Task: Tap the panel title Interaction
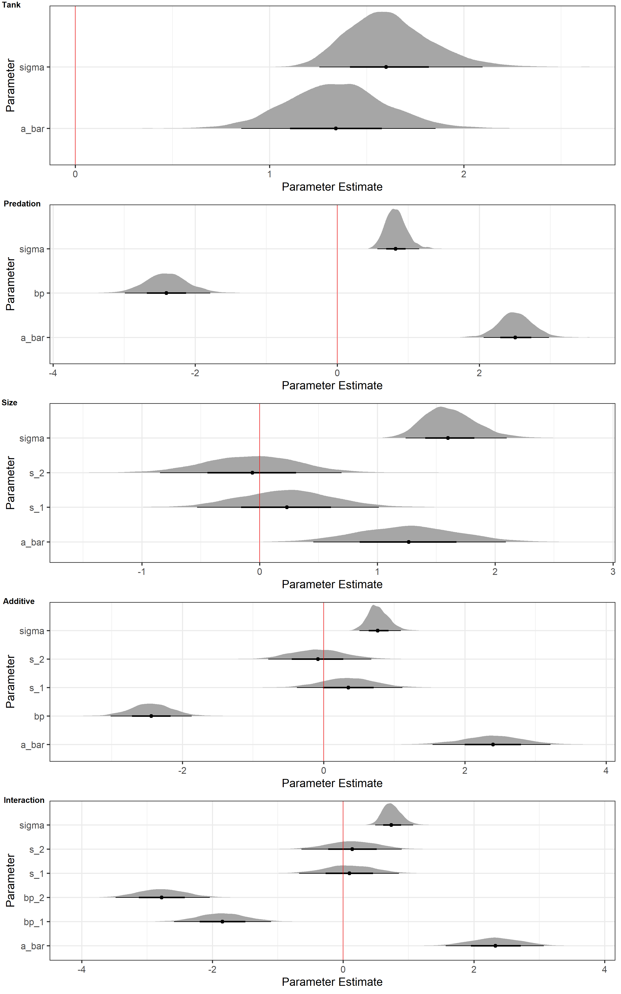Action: point(24,800)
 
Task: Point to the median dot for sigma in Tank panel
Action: point(386,66)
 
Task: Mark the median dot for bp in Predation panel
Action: point(166,293)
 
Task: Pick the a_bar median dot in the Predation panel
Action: point(515,337)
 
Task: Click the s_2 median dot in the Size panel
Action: point(252,473)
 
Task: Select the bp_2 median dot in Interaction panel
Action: point(162,898)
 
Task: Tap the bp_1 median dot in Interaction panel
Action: point(222,922)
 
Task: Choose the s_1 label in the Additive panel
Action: point(37,688)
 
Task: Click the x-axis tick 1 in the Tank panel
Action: point(270,174)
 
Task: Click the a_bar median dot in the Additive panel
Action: point(493,744)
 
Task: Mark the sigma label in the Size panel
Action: point(32,438)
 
